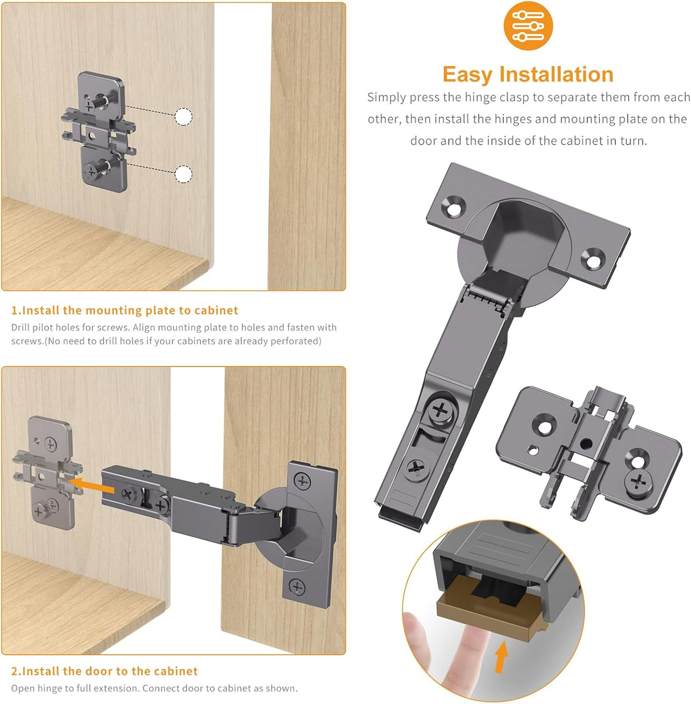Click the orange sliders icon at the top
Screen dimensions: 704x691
coord(528,26)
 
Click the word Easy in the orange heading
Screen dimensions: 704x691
coord(467,75)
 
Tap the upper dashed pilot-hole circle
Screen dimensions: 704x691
coord(183,117)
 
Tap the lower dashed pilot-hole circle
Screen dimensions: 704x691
coord(183,174)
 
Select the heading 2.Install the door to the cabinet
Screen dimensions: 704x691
coord(104,671)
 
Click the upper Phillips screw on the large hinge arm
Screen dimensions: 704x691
coord(441,410)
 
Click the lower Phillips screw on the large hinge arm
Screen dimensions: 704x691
coord(417,470)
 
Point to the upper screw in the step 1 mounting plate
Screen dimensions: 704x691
coord(91,105)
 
